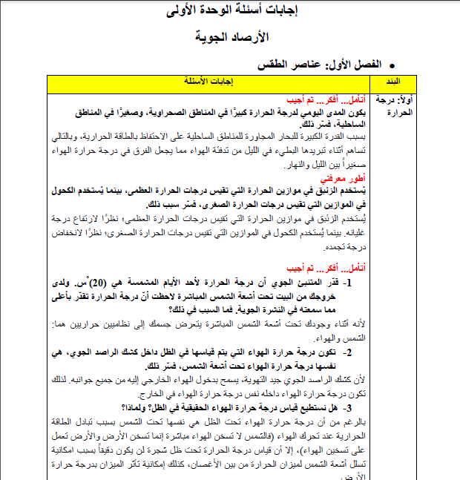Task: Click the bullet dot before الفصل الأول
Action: click(x=392, y=65)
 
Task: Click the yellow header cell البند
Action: click(x=390, y=81)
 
